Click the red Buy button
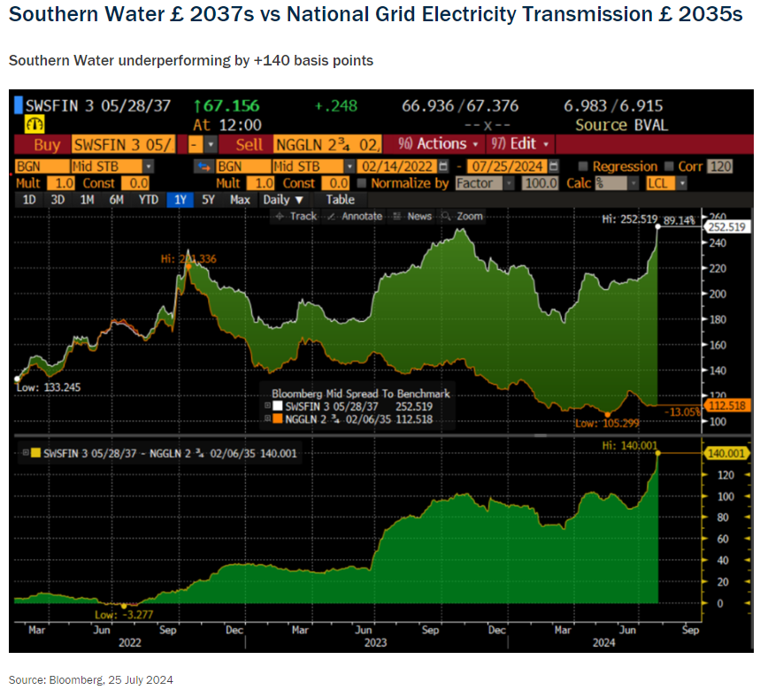point(46,144)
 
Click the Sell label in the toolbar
point(248,144)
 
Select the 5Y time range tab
point(209,200)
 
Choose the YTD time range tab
point(148,200)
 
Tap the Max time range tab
point(240,200)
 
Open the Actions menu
point(438,144)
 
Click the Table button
point(340,200)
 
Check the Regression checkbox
point(582,166)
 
